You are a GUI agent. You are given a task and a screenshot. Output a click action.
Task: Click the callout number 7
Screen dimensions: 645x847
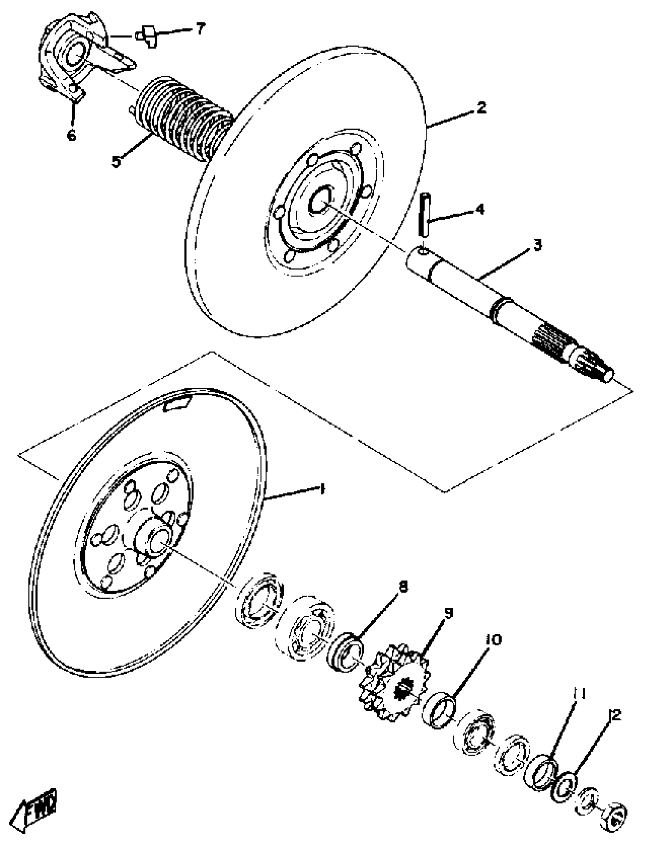(x=200, y=30)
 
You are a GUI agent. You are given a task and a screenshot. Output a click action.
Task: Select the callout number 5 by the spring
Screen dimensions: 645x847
(x=116, y=161)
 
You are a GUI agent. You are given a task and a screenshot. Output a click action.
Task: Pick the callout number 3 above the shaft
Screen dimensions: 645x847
(x=538, y=245)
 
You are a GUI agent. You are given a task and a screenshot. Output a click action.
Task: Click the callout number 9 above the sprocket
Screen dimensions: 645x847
(x=448, y=613)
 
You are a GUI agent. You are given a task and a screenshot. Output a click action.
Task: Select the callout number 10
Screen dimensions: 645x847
(x=493, y=640)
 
